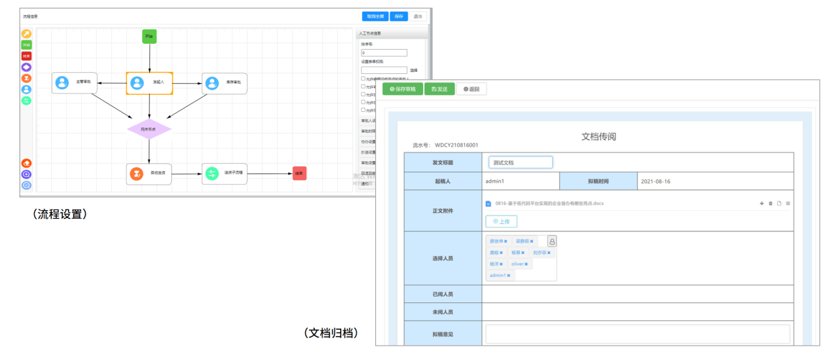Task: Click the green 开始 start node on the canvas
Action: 149,37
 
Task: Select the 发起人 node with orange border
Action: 149,83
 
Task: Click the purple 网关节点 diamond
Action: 149,129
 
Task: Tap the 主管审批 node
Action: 75,83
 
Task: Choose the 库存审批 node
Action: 224,83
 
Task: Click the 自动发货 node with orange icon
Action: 149,174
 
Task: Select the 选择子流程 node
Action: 224,173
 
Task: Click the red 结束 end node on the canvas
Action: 299,173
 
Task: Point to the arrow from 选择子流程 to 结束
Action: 269,174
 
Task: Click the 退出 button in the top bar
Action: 418,16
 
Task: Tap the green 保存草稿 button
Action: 402,89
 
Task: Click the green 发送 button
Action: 439,89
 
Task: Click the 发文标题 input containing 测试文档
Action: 520,162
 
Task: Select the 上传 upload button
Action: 501,221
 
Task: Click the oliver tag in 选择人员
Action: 519,264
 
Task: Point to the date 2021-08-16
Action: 656,181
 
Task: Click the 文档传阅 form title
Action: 599,137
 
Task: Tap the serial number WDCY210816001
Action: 456,145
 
